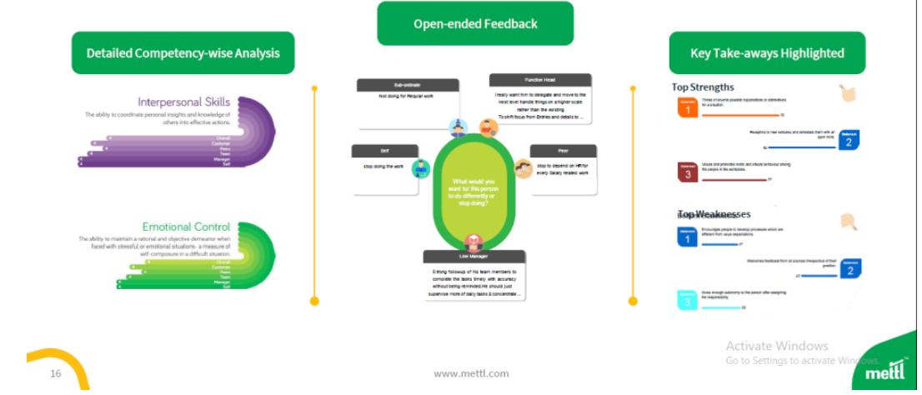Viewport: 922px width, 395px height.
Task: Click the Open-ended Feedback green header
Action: [x=475, y=23]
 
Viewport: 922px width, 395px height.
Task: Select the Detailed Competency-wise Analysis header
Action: [x=183, y=53]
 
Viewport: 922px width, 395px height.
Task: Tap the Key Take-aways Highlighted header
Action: [x=767, y=53]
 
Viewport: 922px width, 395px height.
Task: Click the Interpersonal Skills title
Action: [x=183, y=102]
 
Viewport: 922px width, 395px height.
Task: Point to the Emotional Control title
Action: [x=186, y=227]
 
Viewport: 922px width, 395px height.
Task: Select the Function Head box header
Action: [x=540, y=80]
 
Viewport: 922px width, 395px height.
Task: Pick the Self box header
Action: [x=384, y=151]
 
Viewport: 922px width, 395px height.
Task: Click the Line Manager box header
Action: [x=474, y=257]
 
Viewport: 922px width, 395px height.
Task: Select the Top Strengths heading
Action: [x=703, y=87]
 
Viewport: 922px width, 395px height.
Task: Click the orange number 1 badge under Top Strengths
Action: [x=687, y=107]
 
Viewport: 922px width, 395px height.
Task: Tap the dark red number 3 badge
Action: [x=687, y=172]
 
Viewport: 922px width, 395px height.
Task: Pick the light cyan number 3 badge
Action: [x=687, y=300]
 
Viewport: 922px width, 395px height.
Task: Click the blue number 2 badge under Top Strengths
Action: [x=848, y=139]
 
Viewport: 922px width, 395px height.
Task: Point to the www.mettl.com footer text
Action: [x=471, y=373]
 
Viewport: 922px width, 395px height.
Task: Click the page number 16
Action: [x=56, y=373]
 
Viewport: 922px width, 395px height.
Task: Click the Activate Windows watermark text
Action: [x=777, y=346]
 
